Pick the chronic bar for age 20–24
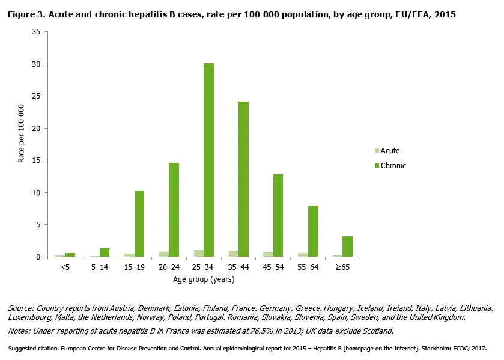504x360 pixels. pyautogui.click(x=174, y=210)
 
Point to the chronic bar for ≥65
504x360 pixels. pyautogui.click(x=347, y=246)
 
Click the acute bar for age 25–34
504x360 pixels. pyautogui.click(x=198, y=254)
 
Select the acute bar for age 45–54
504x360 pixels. pyautogui.click(x=268, y=254)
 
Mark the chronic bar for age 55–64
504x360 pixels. pyautogui.click(x=312, y=231)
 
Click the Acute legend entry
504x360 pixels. pyautogui.click(x=389, y=151)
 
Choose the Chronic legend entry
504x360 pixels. pyautogui.click(x=392, y=165)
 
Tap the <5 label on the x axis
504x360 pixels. pyautogui.click(x=65, y=267)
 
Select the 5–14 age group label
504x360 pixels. pyautogui.click(x=99, y=267)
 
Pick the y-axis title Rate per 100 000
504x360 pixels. pyautogui.click(x=22, y=133)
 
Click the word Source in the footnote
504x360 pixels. pyautogui.click(x=21, y=308)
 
